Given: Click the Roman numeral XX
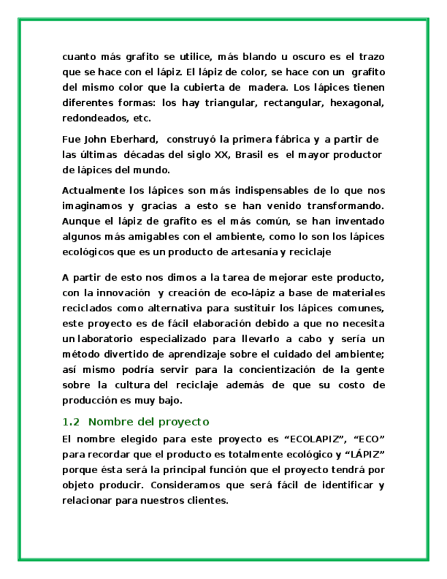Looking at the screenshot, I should tap(221, 154).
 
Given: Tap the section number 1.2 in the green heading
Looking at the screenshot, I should tap(70, 421).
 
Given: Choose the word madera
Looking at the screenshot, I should tap(267, 87).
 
